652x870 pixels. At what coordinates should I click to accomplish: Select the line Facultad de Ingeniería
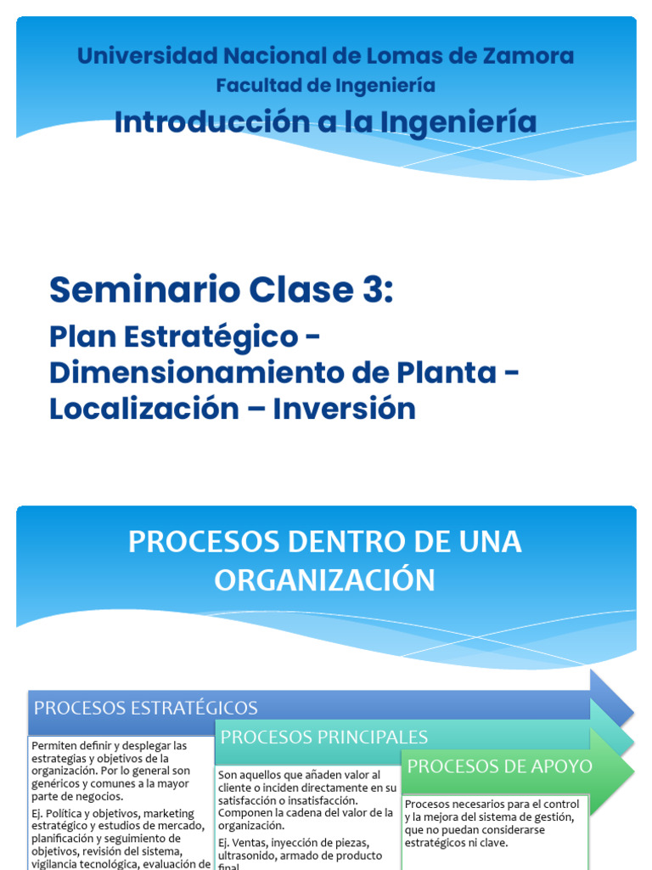pyautogui.click(x=325, y=86)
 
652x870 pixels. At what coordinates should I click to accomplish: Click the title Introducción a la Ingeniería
pyautogui.click(x=325, y=121)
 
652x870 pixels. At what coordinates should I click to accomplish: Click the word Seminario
pyautogui.click(x=144, y=290)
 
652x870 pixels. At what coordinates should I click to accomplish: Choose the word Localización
pyautogui.click(x=143, y=409)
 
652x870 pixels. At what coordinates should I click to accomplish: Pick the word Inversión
pyautogui.click(x=346, y=409)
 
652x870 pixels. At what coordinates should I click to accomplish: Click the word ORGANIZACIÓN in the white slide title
pyautogui.click(x=325, y=580)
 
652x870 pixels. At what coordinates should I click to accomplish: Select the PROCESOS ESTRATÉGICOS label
pyautogui.click(x=145, y=708)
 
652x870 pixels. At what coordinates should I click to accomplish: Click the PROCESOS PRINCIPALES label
pyautogui.click(x=323, y=737)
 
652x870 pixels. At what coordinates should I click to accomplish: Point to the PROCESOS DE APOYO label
pyautogui.click(x=500, y=765)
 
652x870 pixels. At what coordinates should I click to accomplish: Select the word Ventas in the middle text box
pyautogui.click(x=249, y=843)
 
